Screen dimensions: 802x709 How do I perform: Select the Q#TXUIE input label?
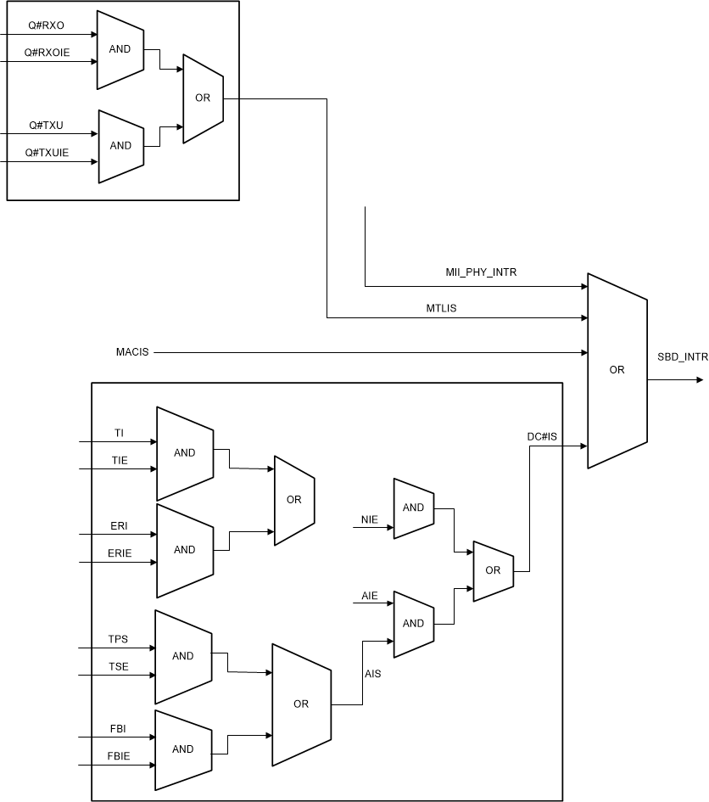click(47, 152)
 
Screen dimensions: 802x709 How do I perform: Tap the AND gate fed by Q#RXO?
click(120, 49)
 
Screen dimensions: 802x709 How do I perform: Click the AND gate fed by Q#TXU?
click(120, 145)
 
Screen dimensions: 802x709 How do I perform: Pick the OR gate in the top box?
click(203, 98)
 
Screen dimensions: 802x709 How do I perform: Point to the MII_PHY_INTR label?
click(481, 272)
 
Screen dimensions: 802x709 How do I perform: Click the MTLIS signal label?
click(441, 308)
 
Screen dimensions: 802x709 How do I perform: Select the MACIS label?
click(132, 351)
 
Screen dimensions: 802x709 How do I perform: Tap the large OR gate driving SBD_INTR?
click(617, 370)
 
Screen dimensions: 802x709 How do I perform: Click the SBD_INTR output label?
click(682, 357)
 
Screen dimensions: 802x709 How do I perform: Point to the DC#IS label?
click(541, 436)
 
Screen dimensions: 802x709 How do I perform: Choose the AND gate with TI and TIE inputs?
click(184, 453)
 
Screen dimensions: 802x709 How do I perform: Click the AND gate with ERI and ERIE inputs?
click(184, 550)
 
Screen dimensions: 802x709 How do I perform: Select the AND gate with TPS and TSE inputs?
click(182, 656)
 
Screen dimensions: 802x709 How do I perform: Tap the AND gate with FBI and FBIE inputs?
click(182, 749)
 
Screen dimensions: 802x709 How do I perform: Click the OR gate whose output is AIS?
click(300, 704)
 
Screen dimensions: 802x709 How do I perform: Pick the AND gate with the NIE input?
click(413, 508)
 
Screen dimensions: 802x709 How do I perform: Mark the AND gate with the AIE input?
click(413, 623)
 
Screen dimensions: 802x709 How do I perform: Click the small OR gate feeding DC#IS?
click(493, 570)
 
